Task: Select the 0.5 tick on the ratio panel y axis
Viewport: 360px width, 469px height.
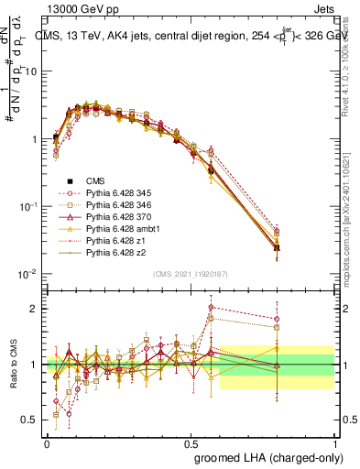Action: (28, 420)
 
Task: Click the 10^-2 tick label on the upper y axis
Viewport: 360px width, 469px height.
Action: (27, 274)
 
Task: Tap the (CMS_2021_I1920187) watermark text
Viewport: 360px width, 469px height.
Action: (191, 273)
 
